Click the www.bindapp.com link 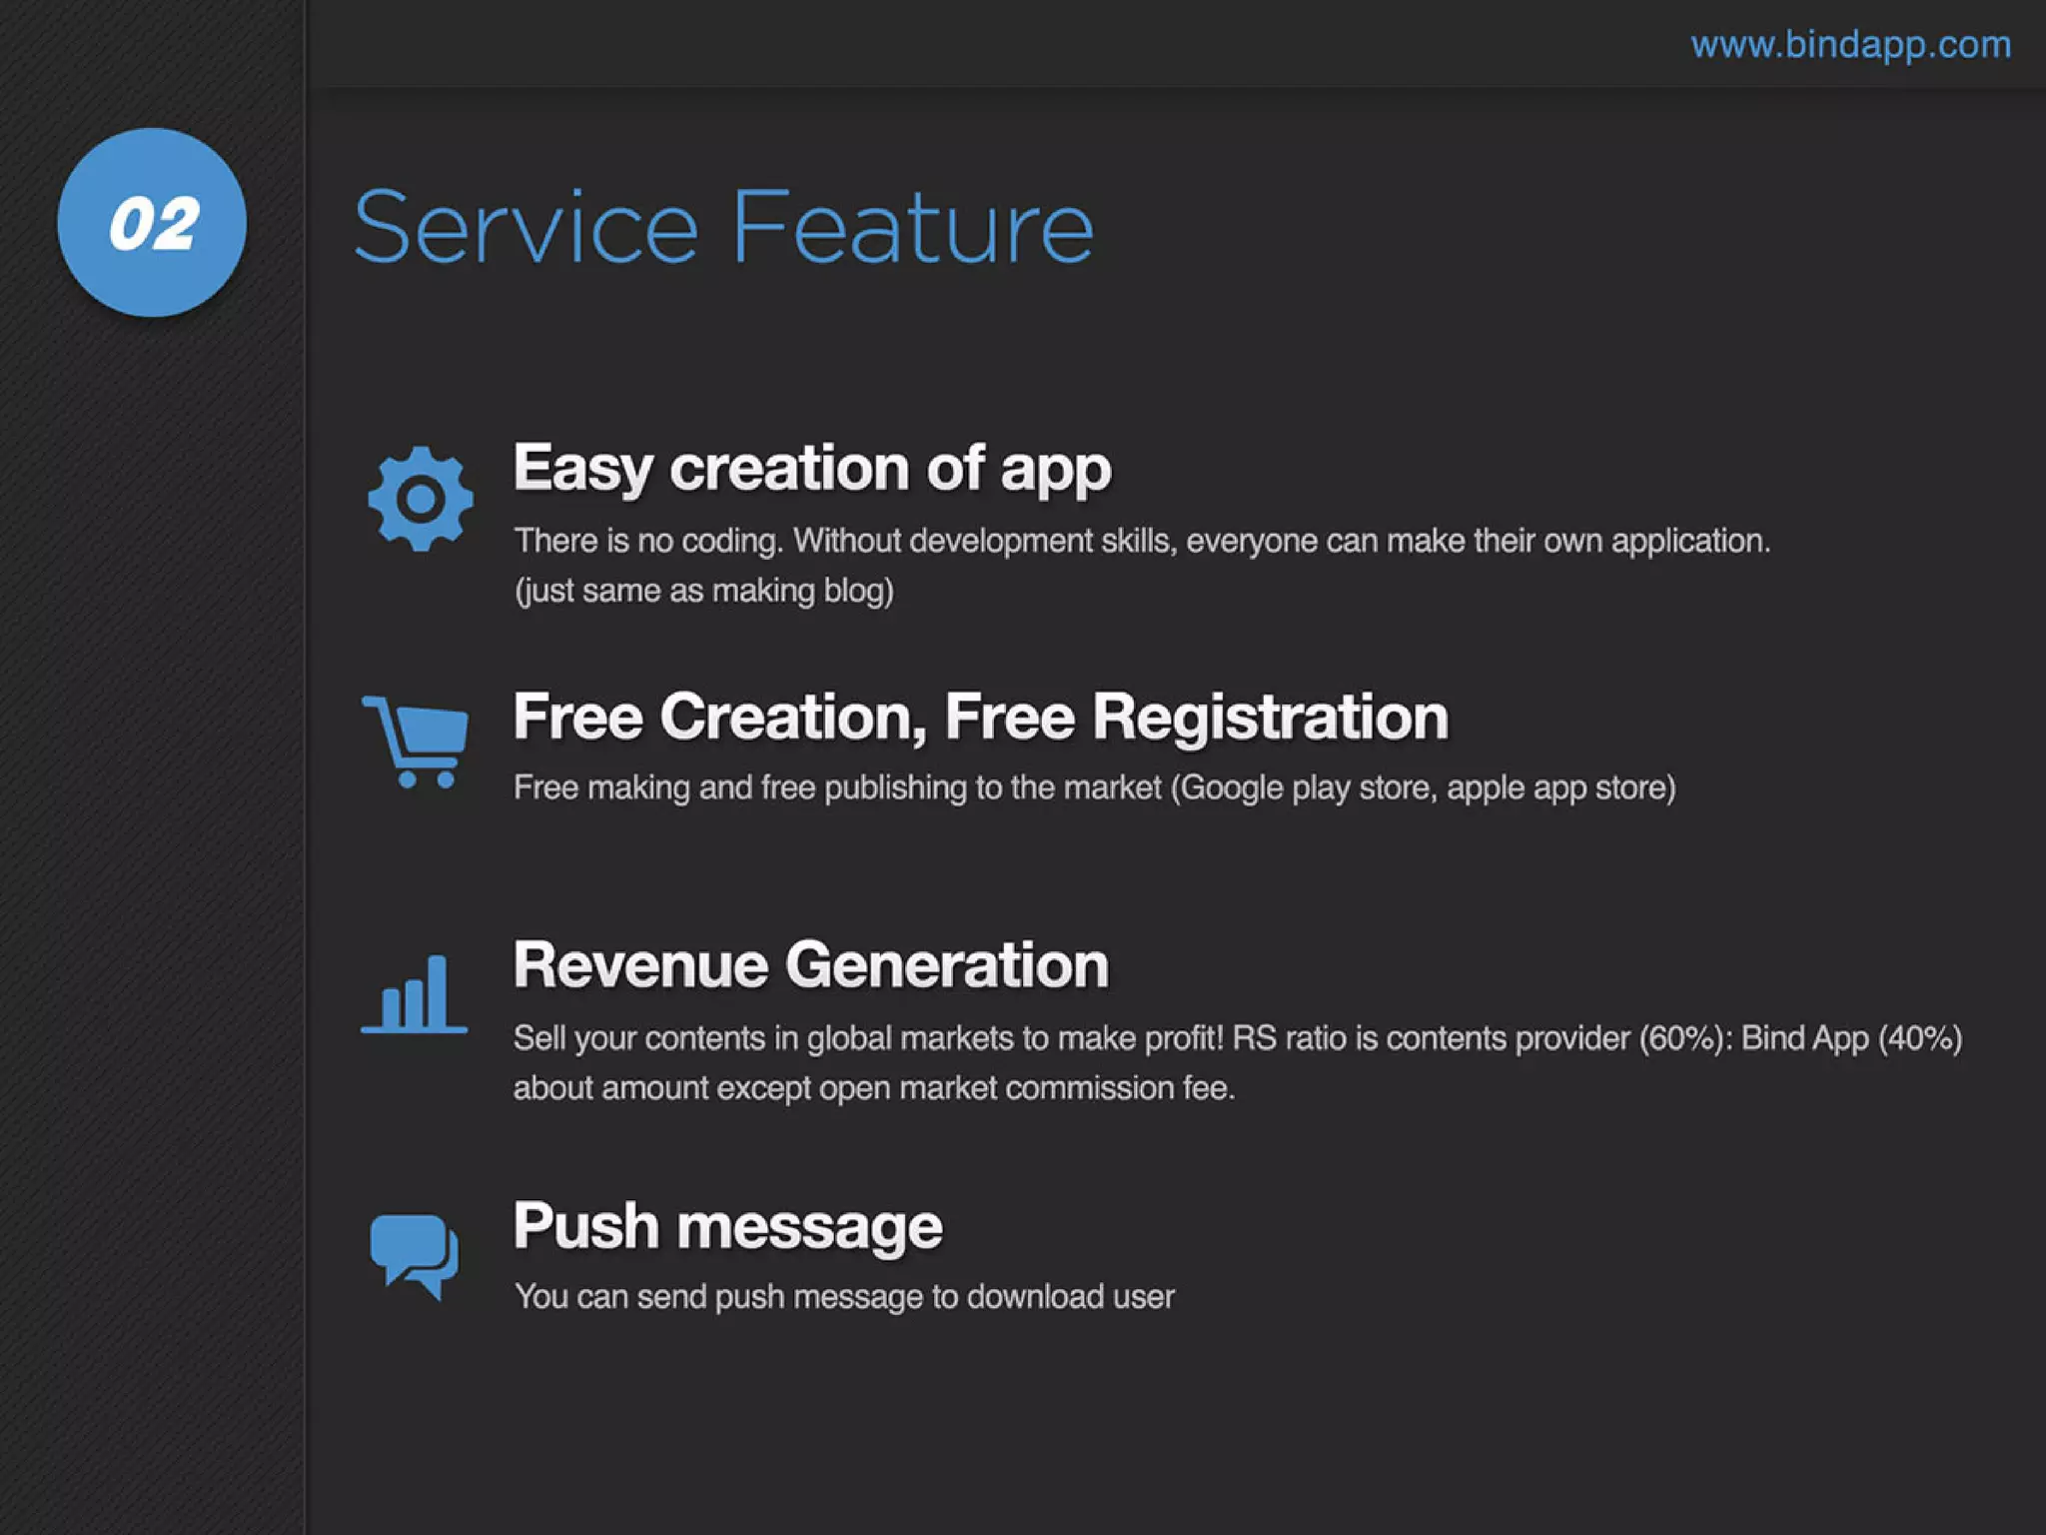(1850, 45)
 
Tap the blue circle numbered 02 (152, 222)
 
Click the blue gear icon (420, 498)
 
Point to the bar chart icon (414, 993)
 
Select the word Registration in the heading (1270, 717)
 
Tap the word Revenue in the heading (639, 965)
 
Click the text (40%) (1920, 1038)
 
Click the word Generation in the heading (947, 965)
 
